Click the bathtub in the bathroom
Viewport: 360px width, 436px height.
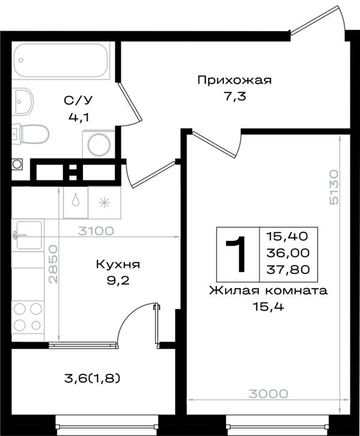click(x=61, y=61)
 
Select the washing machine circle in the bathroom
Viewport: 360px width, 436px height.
click(x=99, y=144)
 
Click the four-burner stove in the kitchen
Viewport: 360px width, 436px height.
click(x=28, y=316)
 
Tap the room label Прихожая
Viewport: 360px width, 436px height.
click(x=234, y=80)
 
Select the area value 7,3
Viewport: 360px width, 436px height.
click(x=235, y=97)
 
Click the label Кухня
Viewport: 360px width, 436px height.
click(x=118, y=264)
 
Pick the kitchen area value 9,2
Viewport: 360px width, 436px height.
click(x=118, y=281)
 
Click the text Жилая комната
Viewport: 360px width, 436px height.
click(x=268, y=291)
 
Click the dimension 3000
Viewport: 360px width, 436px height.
click(x=268, y=393)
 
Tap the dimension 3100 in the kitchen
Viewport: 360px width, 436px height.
click(x=96, y=231)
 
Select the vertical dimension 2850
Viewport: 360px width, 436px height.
click(x=53, y=264)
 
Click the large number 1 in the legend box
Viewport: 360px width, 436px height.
click(x=236, y=254)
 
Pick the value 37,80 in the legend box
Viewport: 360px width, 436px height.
click(x=288, y=269)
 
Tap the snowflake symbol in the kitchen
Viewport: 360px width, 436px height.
click(x=104, y=202)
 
